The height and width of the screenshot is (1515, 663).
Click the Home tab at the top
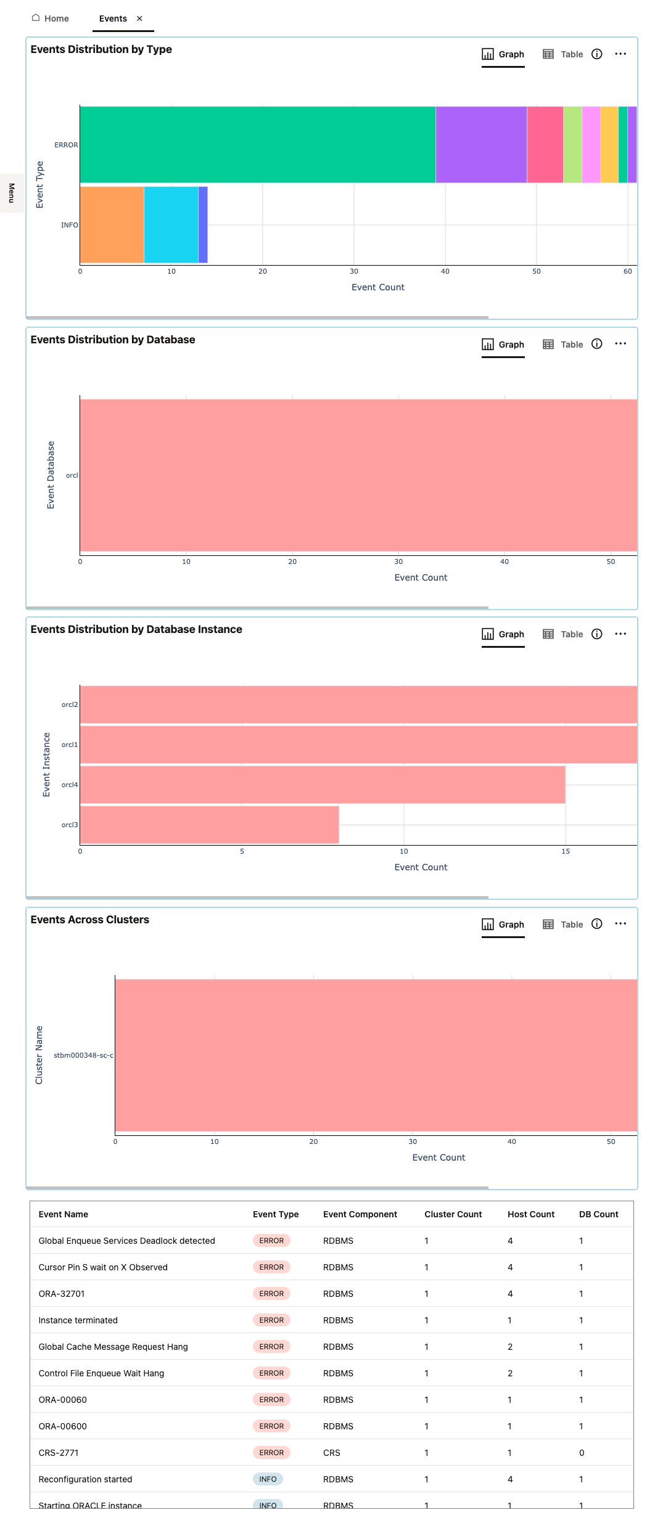pos(51,18)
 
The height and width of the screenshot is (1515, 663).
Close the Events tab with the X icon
pos(139,18)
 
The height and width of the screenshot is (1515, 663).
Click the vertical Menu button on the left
pos(11,193)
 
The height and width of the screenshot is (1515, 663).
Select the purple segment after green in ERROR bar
pos(481,145)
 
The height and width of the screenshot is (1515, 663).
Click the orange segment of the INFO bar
pos(112,225)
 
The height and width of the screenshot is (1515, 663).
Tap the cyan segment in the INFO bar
pos(171,225)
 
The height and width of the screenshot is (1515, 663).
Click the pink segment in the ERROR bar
pos(545,145)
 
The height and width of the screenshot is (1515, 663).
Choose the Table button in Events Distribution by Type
pos(563,54)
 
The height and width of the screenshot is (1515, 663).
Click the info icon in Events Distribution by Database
pos(596,344)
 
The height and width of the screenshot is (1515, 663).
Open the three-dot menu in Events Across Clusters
pos(620,923)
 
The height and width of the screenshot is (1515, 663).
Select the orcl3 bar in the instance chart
pos(209,825)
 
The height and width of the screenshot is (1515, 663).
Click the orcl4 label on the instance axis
pos(70,785)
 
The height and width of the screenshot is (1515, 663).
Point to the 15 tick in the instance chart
pos(566,851)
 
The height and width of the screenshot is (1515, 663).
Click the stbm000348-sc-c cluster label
pos(83,1055)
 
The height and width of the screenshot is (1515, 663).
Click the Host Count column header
pos(530,1214)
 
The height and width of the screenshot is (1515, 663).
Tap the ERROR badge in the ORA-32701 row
pos(271,1294)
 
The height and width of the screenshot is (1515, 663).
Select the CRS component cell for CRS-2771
pos(332,1453)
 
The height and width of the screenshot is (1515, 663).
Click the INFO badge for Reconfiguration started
pos(268,1479)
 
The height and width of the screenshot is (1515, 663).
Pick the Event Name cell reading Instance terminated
pos(78,1320)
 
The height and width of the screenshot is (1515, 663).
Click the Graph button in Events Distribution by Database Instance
pos(503,634)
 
